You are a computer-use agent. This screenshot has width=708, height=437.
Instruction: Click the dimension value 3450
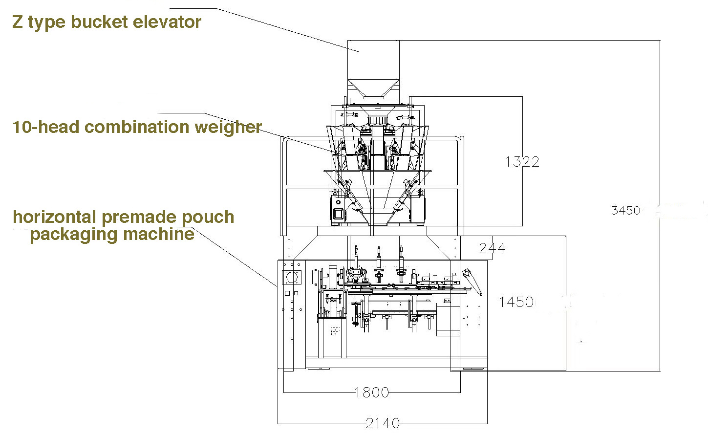click(x=625, y=211)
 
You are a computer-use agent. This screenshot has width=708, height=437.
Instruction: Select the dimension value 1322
click(x=522, y=162)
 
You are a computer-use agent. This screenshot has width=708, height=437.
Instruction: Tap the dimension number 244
click(x=492, y=248)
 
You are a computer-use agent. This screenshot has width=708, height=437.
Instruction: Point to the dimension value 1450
click(x=516, y=302)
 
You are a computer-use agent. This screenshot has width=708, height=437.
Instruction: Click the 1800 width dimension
click(x=372, y=393)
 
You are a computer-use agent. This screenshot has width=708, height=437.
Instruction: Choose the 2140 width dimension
click(x=383, y=423)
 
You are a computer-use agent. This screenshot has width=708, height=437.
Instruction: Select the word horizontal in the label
click(x=55, y=217)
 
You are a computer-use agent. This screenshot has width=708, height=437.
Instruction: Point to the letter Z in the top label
click(x=17, y=22)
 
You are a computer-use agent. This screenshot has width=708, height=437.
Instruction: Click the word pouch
click(x=208, y=218)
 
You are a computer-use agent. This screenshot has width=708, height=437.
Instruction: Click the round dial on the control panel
click(x=292, y=278)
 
